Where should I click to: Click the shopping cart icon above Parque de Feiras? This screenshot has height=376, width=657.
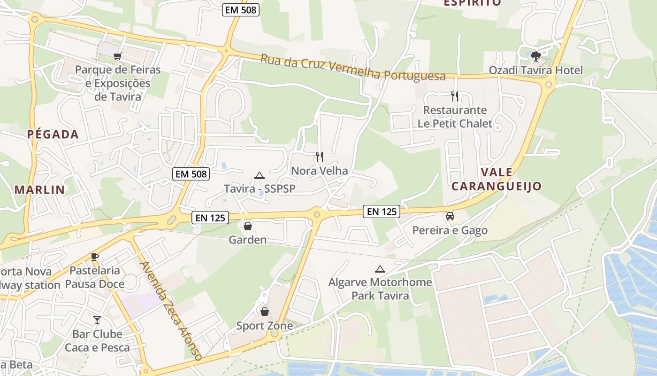click(117, 56)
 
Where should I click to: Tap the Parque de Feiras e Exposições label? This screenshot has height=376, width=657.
click(118, 83)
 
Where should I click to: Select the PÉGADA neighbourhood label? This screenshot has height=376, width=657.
click(53, 134)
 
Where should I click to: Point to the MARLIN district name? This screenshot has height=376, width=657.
click(39, 190)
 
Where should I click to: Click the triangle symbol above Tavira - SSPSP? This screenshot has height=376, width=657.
click(259, 176)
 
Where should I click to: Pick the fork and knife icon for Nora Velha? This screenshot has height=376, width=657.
click(319, 157)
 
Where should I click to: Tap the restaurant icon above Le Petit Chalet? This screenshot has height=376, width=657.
click(454, 96)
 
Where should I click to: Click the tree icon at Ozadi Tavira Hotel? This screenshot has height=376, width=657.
click(535, 56)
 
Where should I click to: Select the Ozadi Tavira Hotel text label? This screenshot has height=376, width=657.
click(535, 70)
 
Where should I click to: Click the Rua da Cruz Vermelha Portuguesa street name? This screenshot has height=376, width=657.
click(352, 67)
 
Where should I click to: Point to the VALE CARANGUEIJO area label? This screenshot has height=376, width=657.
click(496, 179)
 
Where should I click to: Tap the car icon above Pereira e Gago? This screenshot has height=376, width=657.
click(450, 216)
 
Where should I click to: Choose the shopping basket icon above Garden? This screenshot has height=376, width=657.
click(247, 226)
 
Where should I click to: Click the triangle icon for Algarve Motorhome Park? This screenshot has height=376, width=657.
click(380, 269)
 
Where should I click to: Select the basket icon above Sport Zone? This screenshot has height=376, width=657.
click(265, 312)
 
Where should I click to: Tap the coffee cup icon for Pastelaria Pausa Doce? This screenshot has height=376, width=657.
click(95, 257)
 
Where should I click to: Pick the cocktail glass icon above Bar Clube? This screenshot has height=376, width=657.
click(97, 320)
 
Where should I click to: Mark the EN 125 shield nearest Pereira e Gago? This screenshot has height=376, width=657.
click(382, 212)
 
